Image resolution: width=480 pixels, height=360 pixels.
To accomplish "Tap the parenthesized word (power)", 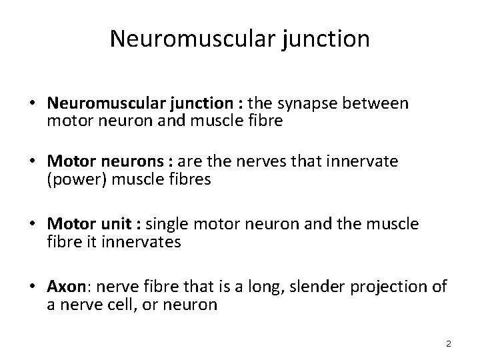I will click(75, 180).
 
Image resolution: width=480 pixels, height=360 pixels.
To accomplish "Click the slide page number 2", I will click(449, 343).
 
